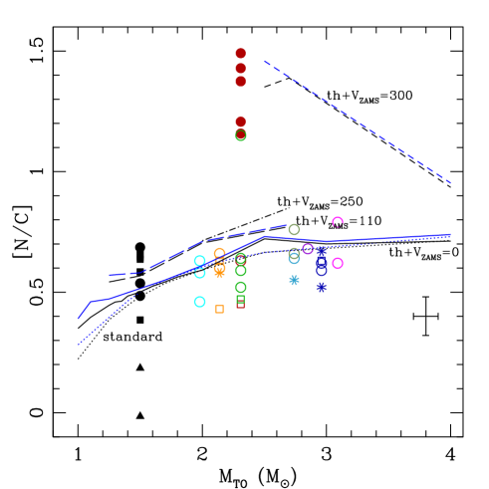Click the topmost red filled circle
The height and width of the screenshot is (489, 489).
pyautogui.click(x=240, y=54)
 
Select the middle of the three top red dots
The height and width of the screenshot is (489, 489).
pyautogui.click(x=240, y=69)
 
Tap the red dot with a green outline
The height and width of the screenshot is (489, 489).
pyautogui.click(x=240, y=135)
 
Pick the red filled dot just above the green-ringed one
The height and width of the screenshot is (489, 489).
pyautogui.click(x=240, y=122)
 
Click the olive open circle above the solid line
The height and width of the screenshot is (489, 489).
pyautogui.click(x=294, y=230)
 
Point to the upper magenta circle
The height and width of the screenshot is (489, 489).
pyautogui.click(x=338, y=222)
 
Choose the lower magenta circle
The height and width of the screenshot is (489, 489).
pyautogui.click(x=338, y=263)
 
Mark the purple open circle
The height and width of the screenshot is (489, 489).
pyautogui.click(x=308, y=248)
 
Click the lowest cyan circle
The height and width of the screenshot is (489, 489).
pyautogui.click(x=199, y=302)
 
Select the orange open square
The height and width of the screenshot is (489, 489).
pyautogui.click(x=219, y=309)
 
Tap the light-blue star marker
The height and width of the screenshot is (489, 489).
pyautogui.click(x=294, y=280)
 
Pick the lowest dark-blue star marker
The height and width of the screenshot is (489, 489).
pyautogui.click(x=321, y=287)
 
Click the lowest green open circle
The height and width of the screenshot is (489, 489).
pyautogui.click(x=240, y=287)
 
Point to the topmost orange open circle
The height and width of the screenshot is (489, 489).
pyautogui.click(x=219, y=253)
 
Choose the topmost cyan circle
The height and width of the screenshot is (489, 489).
pyautogui.click(x=199, y=260)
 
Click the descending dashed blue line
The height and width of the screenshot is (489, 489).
pyautogui.click(x=359, y=122)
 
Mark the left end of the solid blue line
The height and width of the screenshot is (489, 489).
pyautogui.click(x=79, y=319)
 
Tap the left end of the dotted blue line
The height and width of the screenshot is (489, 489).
pyautogui.click(x=79, y=344)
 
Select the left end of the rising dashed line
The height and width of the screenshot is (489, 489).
pyautogui.click(x=110, y=275)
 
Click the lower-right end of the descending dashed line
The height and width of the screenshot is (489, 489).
pyautogui.click(x=451, y=183)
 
